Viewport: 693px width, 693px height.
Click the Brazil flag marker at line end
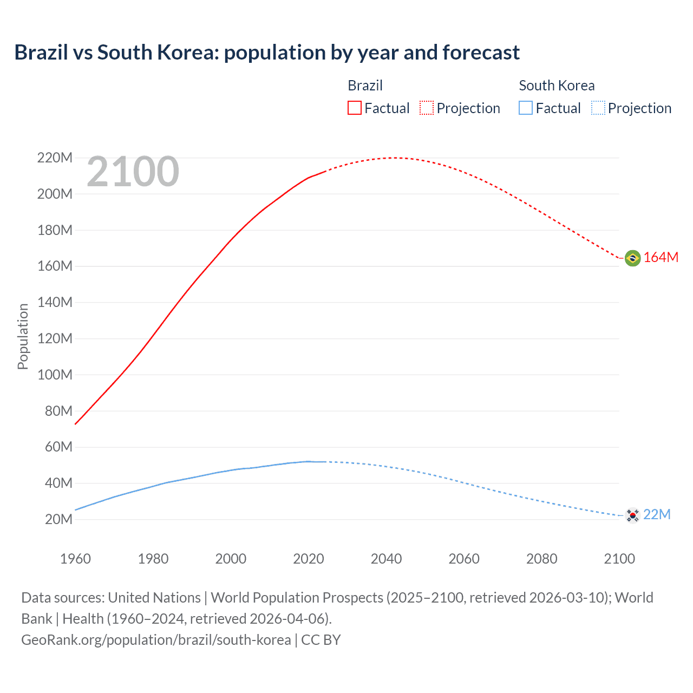coord(632,258)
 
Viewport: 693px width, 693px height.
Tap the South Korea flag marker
coord(632,515)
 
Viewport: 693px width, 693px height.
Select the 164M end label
coord(661,258)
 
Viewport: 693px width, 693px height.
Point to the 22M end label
coord(657,515)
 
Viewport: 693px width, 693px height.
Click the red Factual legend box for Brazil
coord(355,108)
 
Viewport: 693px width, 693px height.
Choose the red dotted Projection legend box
coord(427,108)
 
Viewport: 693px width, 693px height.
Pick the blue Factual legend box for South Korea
coord(526,108)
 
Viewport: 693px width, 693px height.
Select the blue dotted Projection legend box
coord(598,108)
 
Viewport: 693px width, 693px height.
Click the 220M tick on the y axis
coord(55,158)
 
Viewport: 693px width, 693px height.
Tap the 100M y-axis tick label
coord(55,375)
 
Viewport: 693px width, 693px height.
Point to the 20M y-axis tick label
coord(58,520)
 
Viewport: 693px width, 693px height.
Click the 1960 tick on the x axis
coord(75,559)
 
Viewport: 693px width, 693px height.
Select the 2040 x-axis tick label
coord(386,559)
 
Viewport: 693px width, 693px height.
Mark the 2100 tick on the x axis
coord(619,559)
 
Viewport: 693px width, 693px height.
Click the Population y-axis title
coord(23,336)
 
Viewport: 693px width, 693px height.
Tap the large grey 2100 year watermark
coord(133,172)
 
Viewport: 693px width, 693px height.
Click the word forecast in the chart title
coord(481,53)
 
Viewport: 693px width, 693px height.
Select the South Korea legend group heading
coord(557,86)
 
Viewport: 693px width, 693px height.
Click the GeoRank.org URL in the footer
coord(156,640)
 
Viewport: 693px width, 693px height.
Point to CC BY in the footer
coord(321,640)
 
